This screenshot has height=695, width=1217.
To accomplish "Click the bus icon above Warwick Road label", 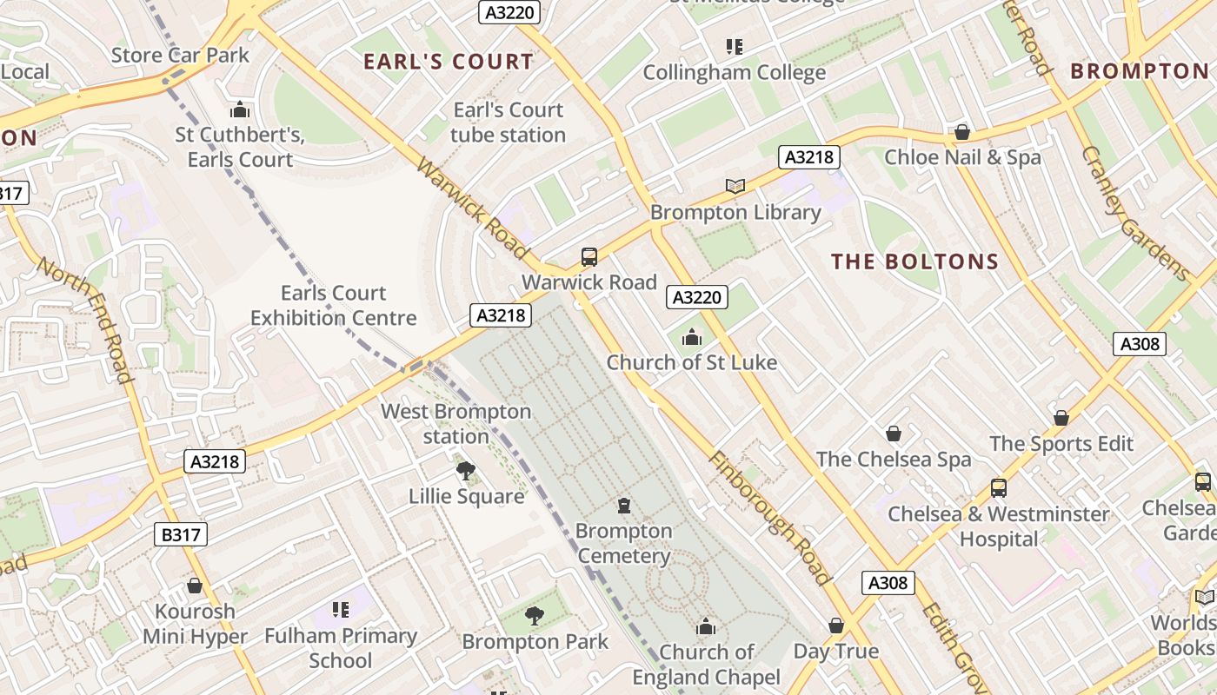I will tap(589, 256).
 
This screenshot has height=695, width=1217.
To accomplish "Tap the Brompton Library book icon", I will tap(735, 186).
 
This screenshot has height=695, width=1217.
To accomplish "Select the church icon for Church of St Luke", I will tap(692, 337).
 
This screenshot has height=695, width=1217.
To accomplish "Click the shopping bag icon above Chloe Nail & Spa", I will tap(962, 132).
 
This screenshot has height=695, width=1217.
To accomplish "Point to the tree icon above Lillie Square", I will tap(466, 471).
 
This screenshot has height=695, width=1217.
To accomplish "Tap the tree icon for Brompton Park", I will tap(535, 617).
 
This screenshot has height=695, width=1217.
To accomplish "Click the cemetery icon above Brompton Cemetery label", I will tap(623, 506).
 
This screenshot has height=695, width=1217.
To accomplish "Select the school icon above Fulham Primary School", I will tap(341, 610).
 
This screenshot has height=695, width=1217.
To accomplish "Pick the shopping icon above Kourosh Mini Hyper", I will tap(195, 586).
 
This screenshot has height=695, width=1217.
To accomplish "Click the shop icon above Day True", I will tap(835, 625).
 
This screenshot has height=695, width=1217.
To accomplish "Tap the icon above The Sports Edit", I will tap(1061, 418).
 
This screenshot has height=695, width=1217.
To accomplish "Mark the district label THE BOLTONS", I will tap(914, 261).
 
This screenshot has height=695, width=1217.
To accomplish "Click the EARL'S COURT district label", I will tap(448, 62).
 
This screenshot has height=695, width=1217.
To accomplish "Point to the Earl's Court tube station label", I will tap(508, 122).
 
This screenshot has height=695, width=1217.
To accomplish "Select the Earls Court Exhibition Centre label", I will tap(334, 306).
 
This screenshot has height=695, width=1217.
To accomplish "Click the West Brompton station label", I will tap(456, 423).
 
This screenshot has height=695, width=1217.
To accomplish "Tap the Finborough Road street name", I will tap(769, 518).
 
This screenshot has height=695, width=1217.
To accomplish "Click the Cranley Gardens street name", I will tap(1135, 213).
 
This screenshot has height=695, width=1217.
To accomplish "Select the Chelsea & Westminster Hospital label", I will tap(998, 526).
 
